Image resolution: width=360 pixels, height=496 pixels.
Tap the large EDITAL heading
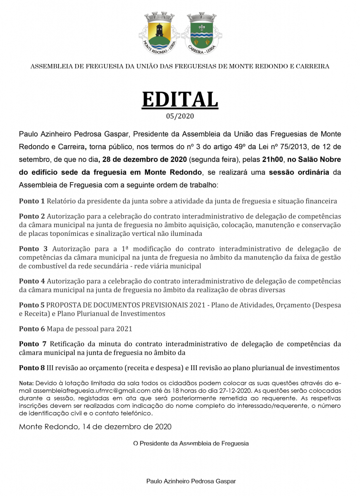click(180, 99)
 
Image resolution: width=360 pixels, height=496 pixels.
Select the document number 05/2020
click(180, 116)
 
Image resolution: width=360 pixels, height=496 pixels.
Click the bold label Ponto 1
click(32, 201)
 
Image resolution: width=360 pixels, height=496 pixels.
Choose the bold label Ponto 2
click(32, 216)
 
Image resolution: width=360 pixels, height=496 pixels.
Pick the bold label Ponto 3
click(33, 249)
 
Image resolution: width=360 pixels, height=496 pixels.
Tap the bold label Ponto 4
click(32, 281)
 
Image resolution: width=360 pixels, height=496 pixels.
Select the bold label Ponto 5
click(32, 305)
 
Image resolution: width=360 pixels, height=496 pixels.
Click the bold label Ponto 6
click(32, 329)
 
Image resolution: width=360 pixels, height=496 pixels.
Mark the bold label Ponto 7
click(33, 344)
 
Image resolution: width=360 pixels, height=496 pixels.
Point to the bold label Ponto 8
click(32, 368)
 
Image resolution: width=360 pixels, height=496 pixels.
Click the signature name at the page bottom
click(191, 481)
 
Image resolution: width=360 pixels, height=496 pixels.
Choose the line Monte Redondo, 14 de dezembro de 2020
click(95, 427)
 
